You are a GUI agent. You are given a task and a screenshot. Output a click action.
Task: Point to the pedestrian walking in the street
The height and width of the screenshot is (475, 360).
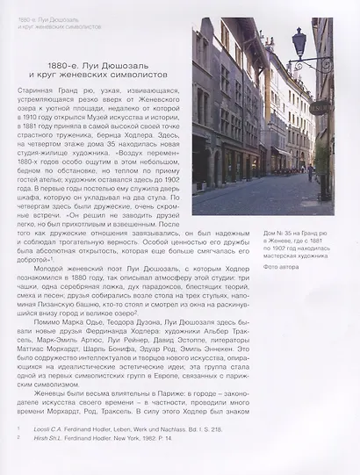(309, 173)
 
